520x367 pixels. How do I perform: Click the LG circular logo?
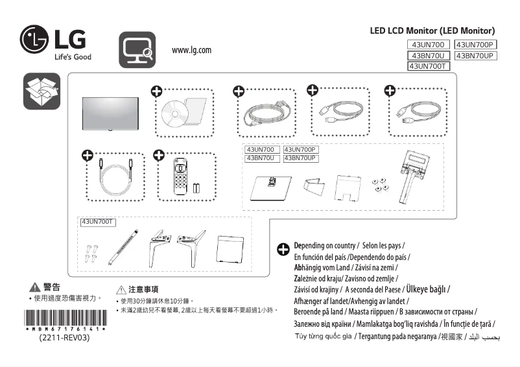(x=34, y=40)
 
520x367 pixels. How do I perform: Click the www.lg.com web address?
(x=191, y=51)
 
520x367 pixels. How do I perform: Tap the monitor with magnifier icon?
(x=137, y=50)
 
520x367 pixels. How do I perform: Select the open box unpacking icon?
(x=41, y=91)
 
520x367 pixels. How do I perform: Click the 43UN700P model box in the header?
(x=475, y=45)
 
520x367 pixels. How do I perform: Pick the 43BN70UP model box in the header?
(x=475, y=56)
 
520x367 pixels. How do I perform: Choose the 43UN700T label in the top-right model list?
(x=428, y=66)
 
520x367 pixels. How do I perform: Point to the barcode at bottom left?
(x=65, y=321)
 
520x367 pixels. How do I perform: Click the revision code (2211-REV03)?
(x=65, y=338)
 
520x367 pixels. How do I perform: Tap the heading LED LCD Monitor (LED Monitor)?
(x=432, y=30)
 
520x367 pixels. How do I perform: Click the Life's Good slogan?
(x=72, y=57)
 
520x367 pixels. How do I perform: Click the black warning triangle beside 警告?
(x=35, y=287)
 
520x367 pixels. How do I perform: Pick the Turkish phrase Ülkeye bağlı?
(x=426, y=289)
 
